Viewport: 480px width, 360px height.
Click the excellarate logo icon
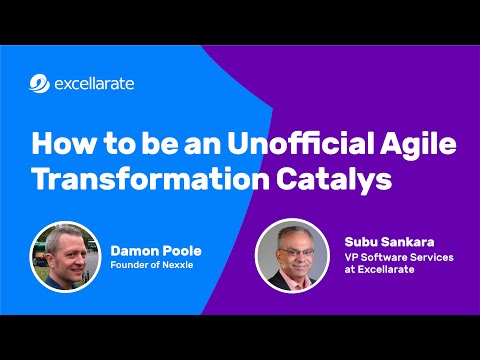39,84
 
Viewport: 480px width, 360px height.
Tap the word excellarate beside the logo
95,84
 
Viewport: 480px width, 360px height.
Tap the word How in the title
59,142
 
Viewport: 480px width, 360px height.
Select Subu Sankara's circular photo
292,254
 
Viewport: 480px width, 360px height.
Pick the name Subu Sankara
384,240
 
